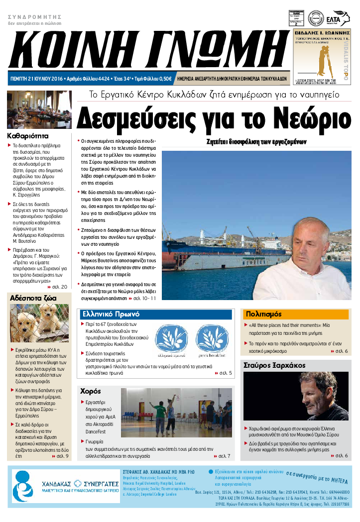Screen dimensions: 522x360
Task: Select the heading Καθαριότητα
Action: coord(28,135)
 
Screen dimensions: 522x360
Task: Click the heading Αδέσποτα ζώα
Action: coord(33,298)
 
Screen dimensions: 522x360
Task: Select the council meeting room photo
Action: coord(39,109)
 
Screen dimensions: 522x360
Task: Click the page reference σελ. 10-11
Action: coord(145,298)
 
